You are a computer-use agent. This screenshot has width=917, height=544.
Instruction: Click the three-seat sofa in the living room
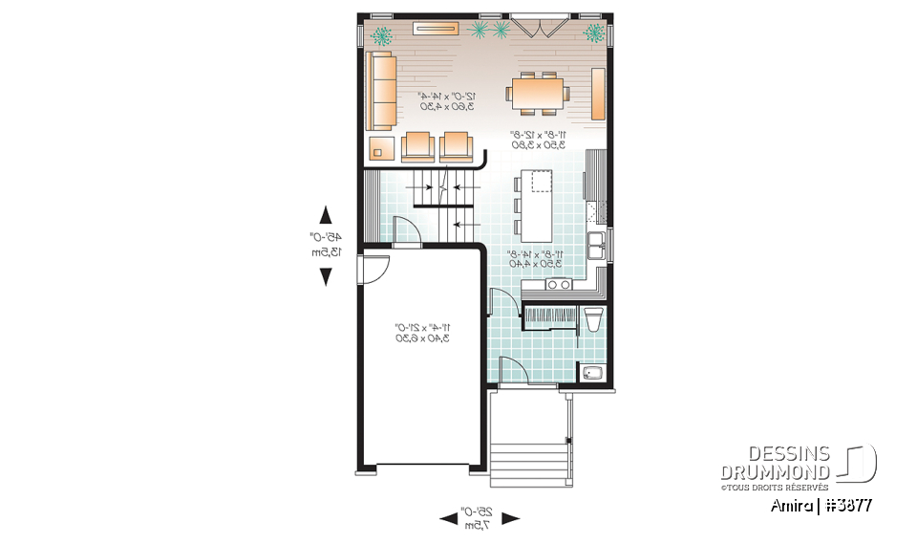(x=382, y=92)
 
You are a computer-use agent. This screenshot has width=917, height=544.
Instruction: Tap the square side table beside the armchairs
(x=382, y=148)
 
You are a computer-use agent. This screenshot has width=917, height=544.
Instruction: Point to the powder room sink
(x=591, y=374)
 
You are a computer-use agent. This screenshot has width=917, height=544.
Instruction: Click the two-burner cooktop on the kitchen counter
(x=558, y=283)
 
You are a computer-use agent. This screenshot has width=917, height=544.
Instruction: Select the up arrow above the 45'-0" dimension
(x=326, y=214)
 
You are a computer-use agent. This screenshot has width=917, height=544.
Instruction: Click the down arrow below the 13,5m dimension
(x=326, y=276)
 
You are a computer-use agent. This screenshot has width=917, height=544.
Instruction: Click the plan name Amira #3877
(x=821, y=505)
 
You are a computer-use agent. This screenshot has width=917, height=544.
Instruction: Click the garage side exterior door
(x=371, y=270)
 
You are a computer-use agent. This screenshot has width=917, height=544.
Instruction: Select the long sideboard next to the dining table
(x=599, y=94)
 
